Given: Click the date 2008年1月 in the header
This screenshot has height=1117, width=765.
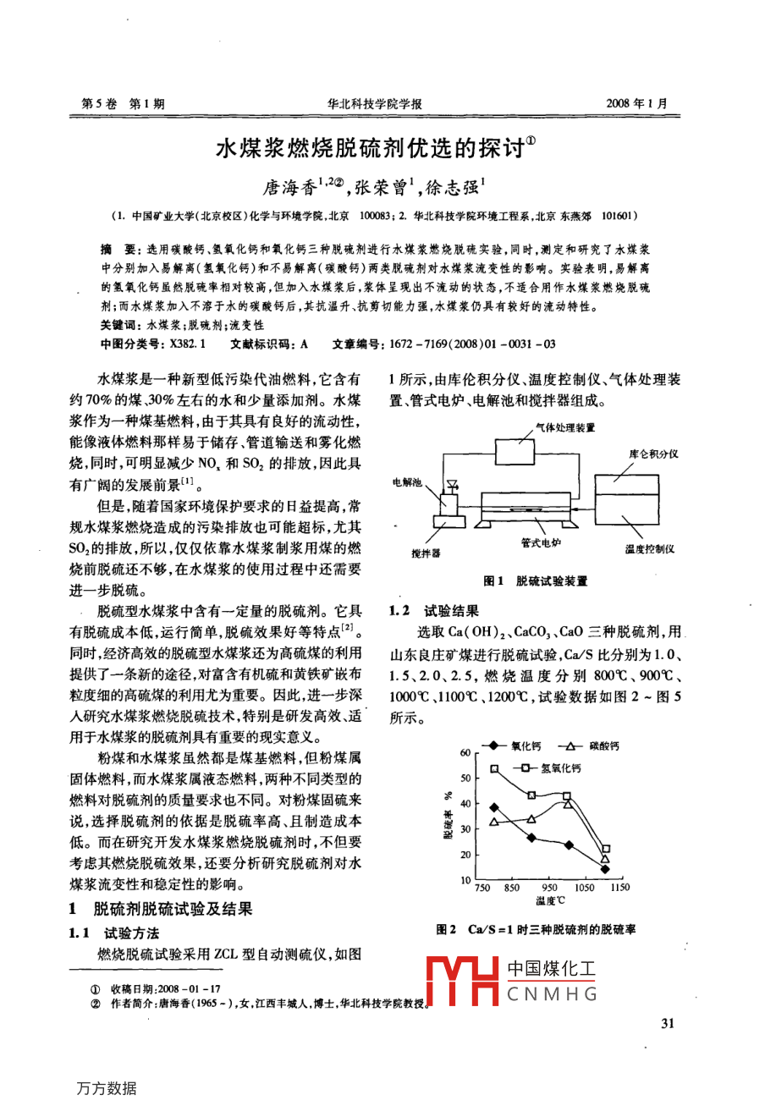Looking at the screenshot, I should [x=636, y=104].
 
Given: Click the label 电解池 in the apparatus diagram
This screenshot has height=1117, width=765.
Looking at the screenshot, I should [x=406, y=482].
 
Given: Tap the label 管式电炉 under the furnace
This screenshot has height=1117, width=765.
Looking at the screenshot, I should [x=541, y=542].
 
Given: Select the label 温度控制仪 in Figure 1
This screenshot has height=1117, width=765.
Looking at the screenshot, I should [x=650, y=549].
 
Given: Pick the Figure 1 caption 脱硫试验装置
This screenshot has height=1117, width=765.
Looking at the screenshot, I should [x=551, y=581].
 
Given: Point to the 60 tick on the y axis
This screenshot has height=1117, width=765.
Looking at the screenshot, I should [x=465, y=752].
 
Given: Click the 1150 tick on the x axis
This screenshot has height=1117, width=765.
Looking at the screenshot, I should [x=619, y=888].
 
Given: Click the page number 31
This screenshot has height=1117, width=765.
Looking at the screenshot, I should [x=667, y=1024].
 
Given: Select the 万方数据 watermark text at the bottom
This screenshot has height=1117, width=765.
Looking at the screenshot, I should [x=106, y=1088].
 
